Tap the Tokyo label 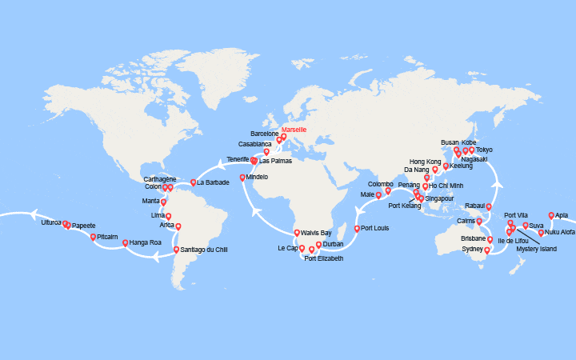[x=484, y=150]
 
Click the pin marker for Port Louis [x=357, y=228]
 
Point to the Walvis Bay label [x=317, y=233]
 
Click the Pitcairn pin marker [x=94, y=237]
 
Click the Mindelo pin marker [x=242, y=178]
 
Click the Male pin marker [x=378, y=194]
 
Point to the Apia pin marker [x=551, y=214]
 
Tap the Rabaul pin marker [x=489, y=206]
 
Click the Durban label [x=334, y=243]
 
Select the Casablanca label [x=255, y=144]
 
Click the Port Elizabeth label [x=324, y=258]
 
